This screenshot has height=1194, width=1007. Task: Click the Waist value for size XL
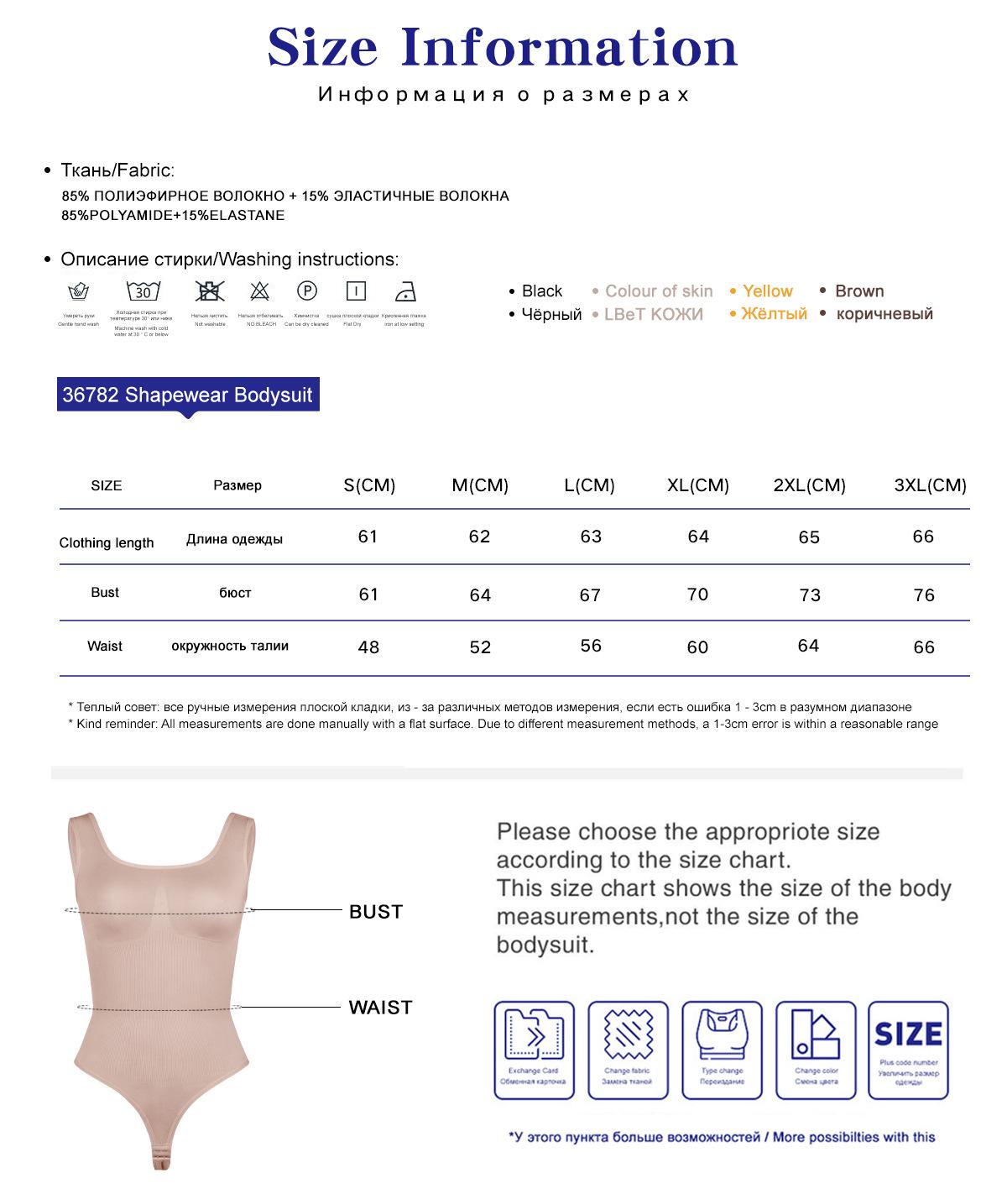(697, 647)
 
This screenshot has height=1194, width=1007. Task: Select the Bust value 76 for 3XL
(923, 594)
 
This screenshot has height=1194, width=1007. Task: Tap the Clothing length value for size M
(479, 537)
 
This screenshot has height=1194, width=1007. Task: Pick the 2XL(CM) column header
(809, 485)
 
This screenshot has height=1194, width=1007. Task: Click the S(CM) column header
(369, 485)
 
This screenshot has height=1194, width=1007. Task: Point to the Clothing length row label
(107, 542)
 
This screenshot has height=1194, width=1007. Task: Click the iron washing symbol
(405, 292)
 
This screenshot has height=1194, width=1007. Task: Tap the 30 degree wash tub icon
(143, 291)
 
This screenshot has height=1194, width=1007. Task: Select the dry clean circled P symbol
(307, 291)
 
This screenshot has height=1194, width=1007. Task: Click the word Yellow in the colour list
(767, 291)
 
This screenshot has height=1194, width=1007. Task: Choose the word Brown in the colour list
(859, 291)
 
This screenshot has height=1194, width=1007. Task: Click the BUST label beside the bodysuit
(376, 912)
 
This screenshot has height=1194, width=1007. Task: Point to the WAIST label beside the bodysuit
(380, 1008)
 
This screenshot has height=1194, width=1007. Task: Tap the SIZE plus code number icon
(908, 1049)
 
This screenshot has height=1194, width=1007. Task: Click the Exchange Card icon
(534, 1049)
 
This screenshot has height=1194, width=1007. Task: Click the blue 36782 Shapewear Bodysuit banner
(187, 395)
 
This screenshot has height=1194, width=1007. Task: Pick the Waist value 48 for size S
(368, 647)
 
